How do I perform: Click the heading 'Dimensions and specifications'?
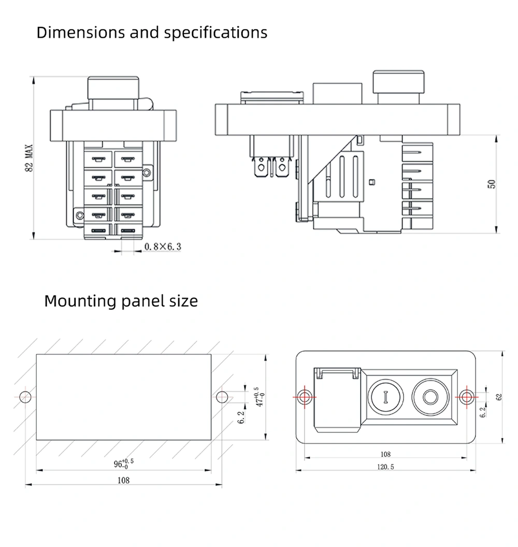point(152,33)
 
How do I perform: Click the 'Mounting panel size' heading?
point(121,301)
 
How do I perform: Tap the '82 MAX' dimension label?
point(29,157)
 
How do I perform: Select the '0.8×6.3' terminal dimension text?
point(163,247)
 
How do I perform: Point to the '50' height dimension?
point(492,183)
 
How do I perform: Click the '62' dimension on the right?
point(499,397)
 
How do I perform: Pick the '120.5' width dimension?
point(385,467)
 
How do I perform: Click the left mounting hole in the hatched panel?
point(25,397)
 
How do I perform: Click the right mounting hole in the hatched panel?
point(222,397)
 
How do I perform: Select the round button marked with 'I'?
point(385,397)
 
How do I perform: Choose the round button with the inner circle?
point(430,397)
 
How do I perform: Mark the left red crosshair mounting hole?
point(304,396)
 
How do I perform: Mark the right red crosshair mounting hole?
point(467,396)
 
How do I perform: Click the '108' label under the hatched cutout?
point(123,480)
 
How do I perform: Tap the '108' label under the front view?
point(385,454)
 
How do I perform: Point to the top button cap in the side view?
point(398,81)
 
